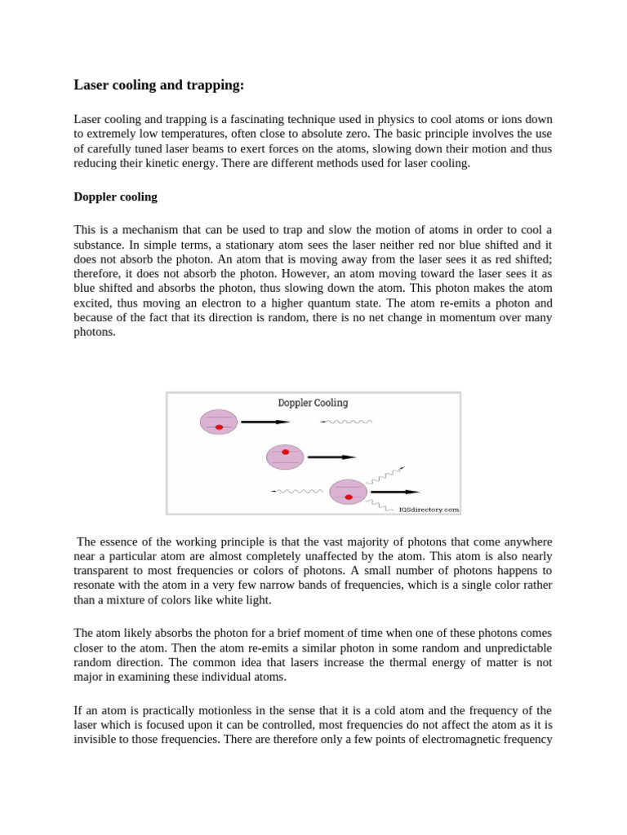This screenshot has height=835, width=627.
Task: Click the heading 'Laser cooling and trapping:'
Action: pos(158,85)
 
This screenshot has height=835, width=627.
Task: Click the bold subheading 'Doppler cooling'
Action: pos(115,197)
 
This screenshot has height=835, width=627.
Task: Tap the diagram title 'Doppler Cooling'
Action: pos(313,403)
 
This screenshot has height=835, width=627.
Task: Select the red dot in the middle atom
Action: pos(285,452)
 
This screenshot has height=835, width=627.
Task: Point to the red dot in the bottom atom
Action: pos(349,497)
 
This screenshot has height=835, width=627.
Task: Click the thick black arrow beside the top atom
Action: pos(265,422)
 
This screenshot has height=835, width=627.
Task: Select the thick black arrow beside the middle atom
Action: pos(331,457)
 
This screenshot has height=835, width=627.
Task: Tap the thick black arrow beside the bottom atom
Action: pos(395,492)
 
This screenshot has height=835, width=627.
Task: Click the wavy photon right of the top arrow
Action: pos(346,422)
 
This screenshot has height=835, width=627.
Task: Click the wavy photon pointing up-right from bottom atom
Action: pos(386,475)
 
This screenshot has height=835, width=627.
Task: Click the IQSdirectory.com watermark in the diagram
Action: pos(428,509)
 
